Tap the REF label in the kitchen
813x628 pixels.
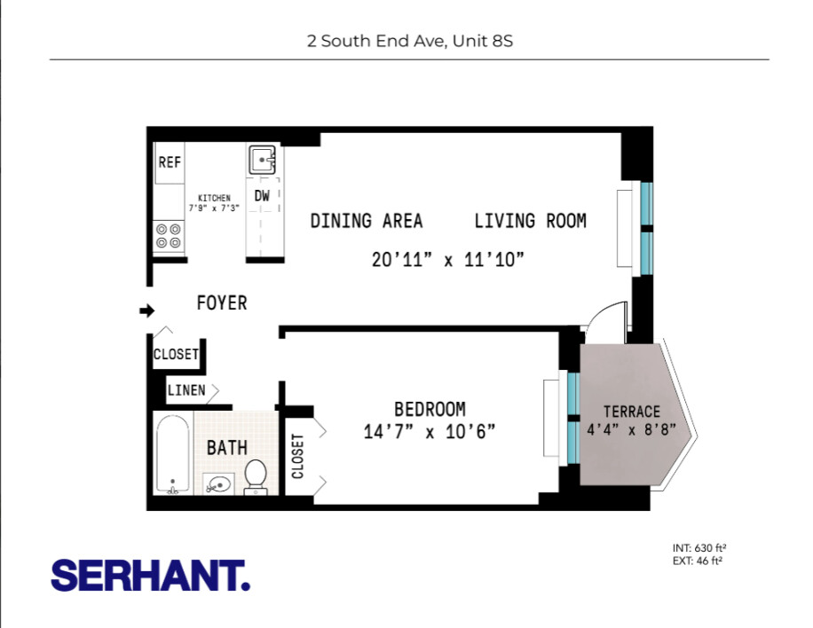tap(170, 162)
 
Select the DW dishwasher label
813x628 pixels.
tap(262, 196)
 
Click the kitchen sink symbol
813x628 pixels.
tap(263, 161)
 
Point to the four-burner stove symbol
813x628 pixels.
tap(169, 235)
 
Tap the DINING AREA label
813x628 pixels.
tap(366, 221)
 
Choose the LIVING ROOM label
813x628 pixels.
tap(530, 221)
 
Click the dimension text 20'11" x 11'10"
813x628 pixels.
tap(448, 260)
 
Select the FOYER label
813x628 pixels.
tap(221, 303)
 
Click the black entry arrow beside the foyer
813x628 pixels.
tap(147, 310)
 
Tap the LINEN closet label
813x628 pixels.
tap(186, 390)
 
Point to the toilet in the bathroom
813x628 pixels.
tap(256, 475)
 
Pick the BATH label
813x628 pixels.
tap(226, 448)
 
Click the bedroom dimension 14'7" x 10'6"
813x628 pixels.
tap(430, 432)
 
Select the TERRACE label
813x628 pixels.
tap(632, 412)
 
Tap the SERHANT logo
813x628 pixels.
tap(150, 575)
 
